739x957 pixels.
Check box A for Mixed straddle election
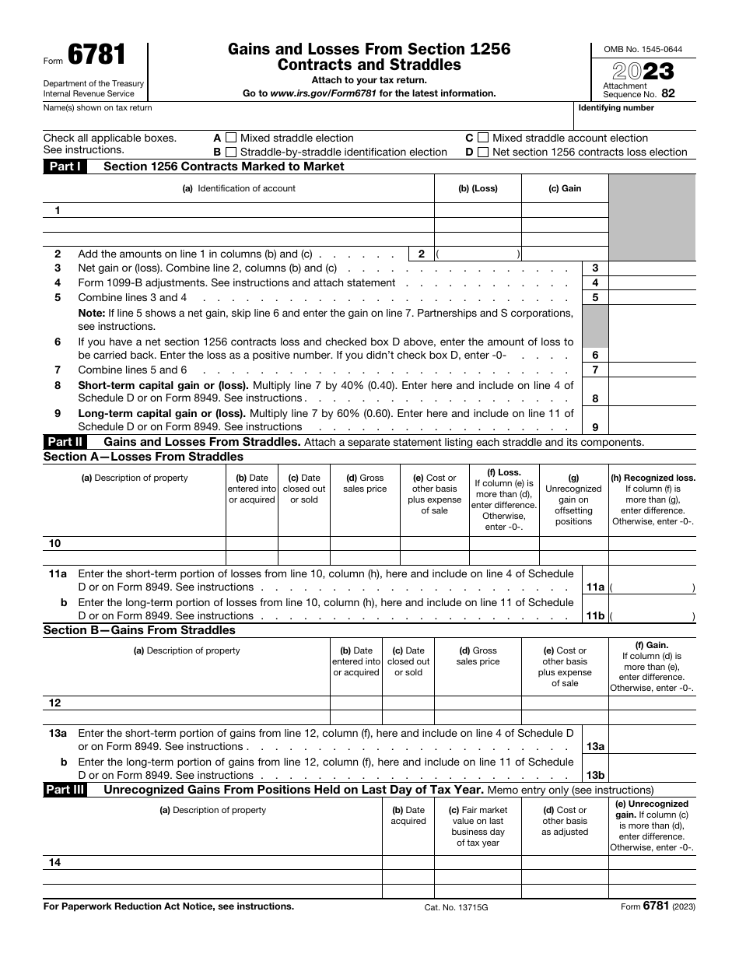[x=230, y=138]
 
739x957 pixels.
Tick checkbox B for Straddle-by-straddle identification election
[x=230, y=152]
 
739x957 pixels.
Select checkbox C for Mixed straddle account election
[x=482, y=138]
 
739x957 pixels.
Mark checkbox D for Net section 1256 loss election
[x=482, y=152]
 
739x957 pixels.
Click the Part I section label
[x=65, y=167]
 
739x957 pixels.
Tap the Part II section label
[x=65, y=442]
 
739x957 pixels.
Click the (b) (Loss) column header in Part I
[x=478, y=188]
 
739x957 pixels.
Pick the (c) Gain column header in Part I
[x=565, y=188]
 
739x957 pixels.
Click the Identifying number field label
[x=616, y=108]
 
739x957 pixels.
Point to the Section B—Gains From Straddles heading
[x=139, y=630]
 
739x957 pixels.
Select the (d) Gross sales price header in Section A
[x=365, y=483]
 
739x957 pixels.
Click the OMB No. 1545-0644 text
[x=643, y=49]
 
